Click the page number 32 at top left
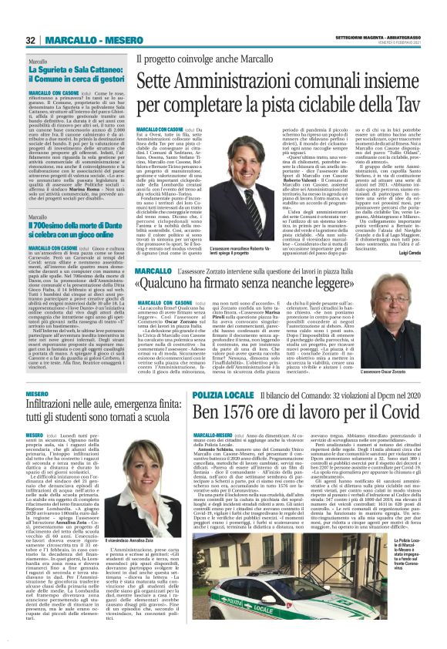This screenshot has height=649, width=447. pyautogui.click(x=30, y=40)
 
